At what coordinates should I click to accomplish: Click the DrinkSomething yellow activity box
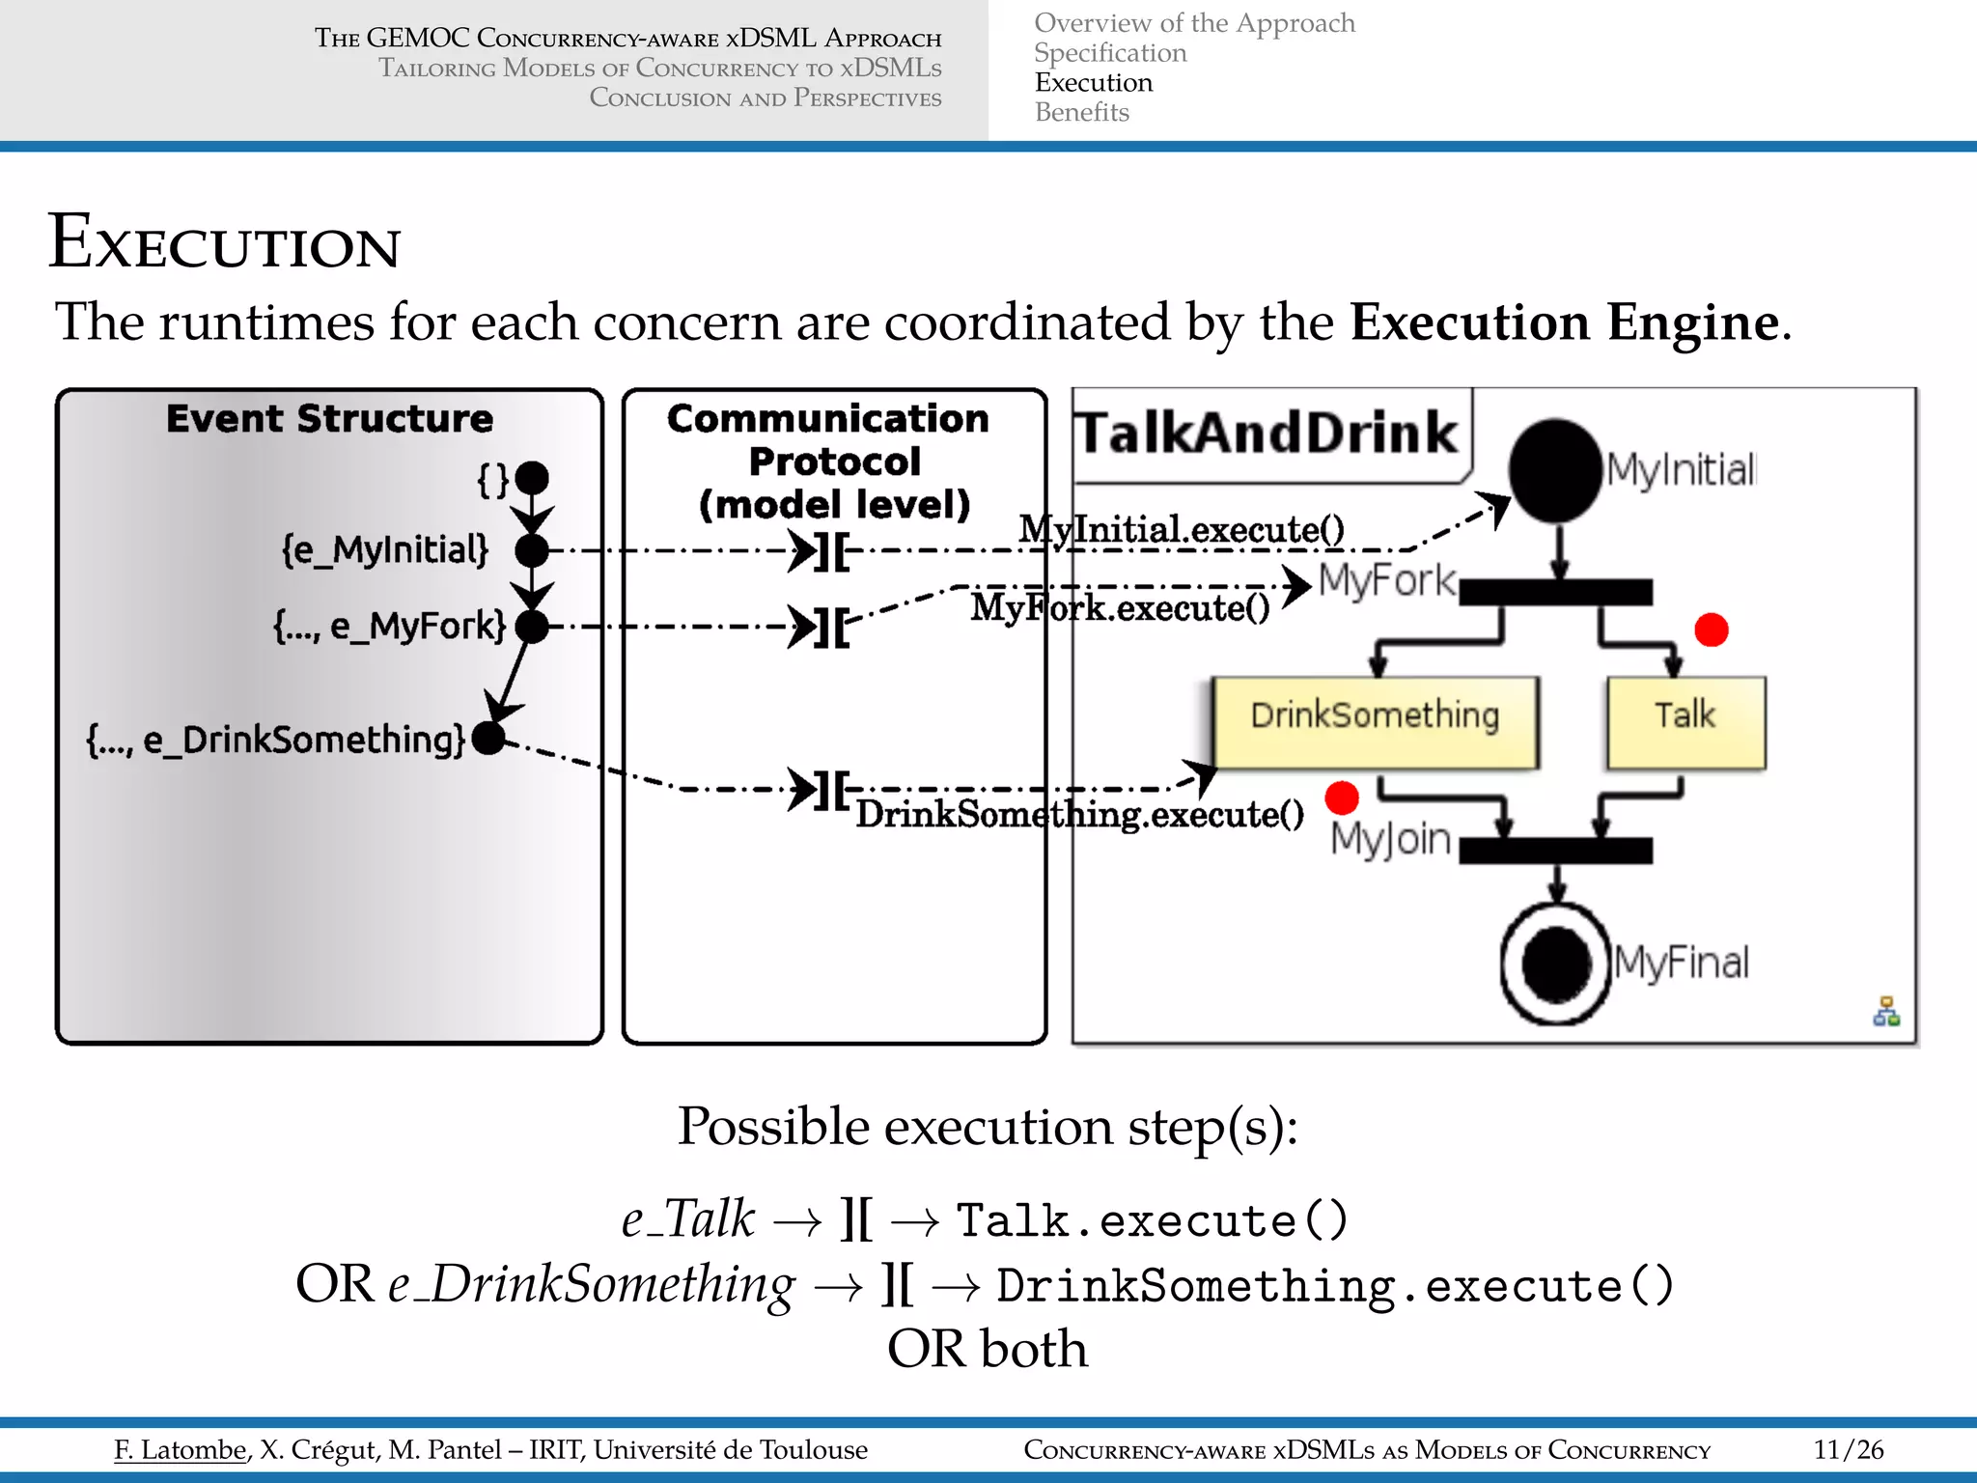pyautogui.click(x=1375, y=721)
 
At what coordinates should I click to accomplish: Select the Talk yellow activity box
pyautogui.click(x=1685, y=721)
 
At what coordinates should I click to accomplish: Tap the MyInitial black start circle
pyautogui.click(x=1556, y=470)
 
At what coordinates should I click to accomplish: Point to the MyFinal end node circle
pyautogui.click(x=1556, y=963)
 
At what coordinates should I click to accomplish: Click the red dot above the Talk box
pyautogui.click(x=1712, y=630)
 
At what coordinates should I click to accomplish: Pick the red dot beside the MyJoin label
pyautogui.click(x=1342, y=797)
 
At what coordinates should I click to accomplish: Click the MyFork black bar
pyautogui.click(x=1556, y=592)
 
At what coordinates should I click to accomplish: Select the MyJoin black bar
pyautogui.click(x=1556, y=851)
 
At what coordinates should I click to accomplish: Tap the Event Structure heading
pyautogui.click(x=329, y=419)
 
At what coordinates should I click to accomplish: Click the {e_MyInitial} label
pyautogui.click(x=385, y=550)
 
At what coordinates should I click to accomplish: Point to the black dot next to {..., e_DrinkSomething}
pyautogui.click(x=489, y=739)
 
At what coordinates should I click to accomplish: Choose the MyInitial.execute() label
pyautogui.click(x=1182, y=529)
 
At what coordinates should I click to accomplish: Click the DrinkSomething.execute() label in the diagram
pyautogui.click(x=1079, y=815)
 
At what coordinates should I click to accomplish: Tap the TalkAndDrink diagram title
pyautogui.click(x=1267, y=433)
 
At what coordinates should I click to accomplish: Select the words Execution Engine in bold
pyautogui.click(x=1564, y=322)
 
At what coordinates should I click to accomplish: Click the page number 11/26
pyautogui.click(x=1849, y=1450)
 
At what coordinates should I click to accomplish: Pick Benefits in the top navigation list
pyautogui.click(x=1082, y=113)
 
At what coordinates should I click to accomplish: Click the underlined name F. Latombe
pyautogui.click(x=181, y=1450)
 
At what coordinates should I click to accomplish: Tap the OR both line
pyautogui.click(x=988, y=1350)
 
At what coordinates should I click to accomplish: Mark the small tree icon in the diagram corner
pyautogui.click(x=1886, y=1012)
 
